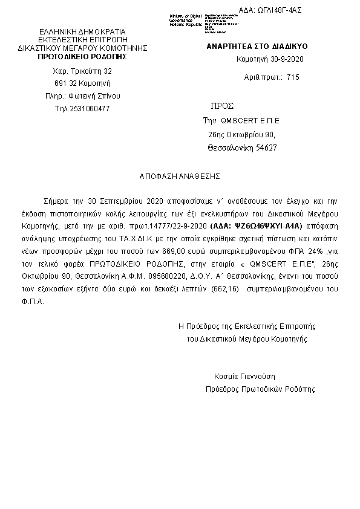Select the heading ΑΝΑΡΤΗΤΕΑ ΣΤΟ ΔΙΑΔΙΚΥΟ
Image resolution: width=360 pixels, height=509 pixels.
pyautogui.click(x=258, y=46)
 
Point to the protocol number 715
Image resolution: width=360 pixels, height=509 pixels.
pyautogui.click(x=293, y=77)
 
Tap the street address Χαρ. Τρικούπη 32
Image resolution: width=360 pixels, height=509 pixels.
pyautogui.click(x=83, y=71)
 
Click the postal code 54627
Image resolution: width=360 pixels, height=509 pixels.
pyautogui.click(x=266, y=148)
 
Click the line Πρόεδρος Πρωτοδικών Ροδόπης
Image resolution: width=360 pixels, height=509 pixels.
pyautogui.click(x=260, y=389)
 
